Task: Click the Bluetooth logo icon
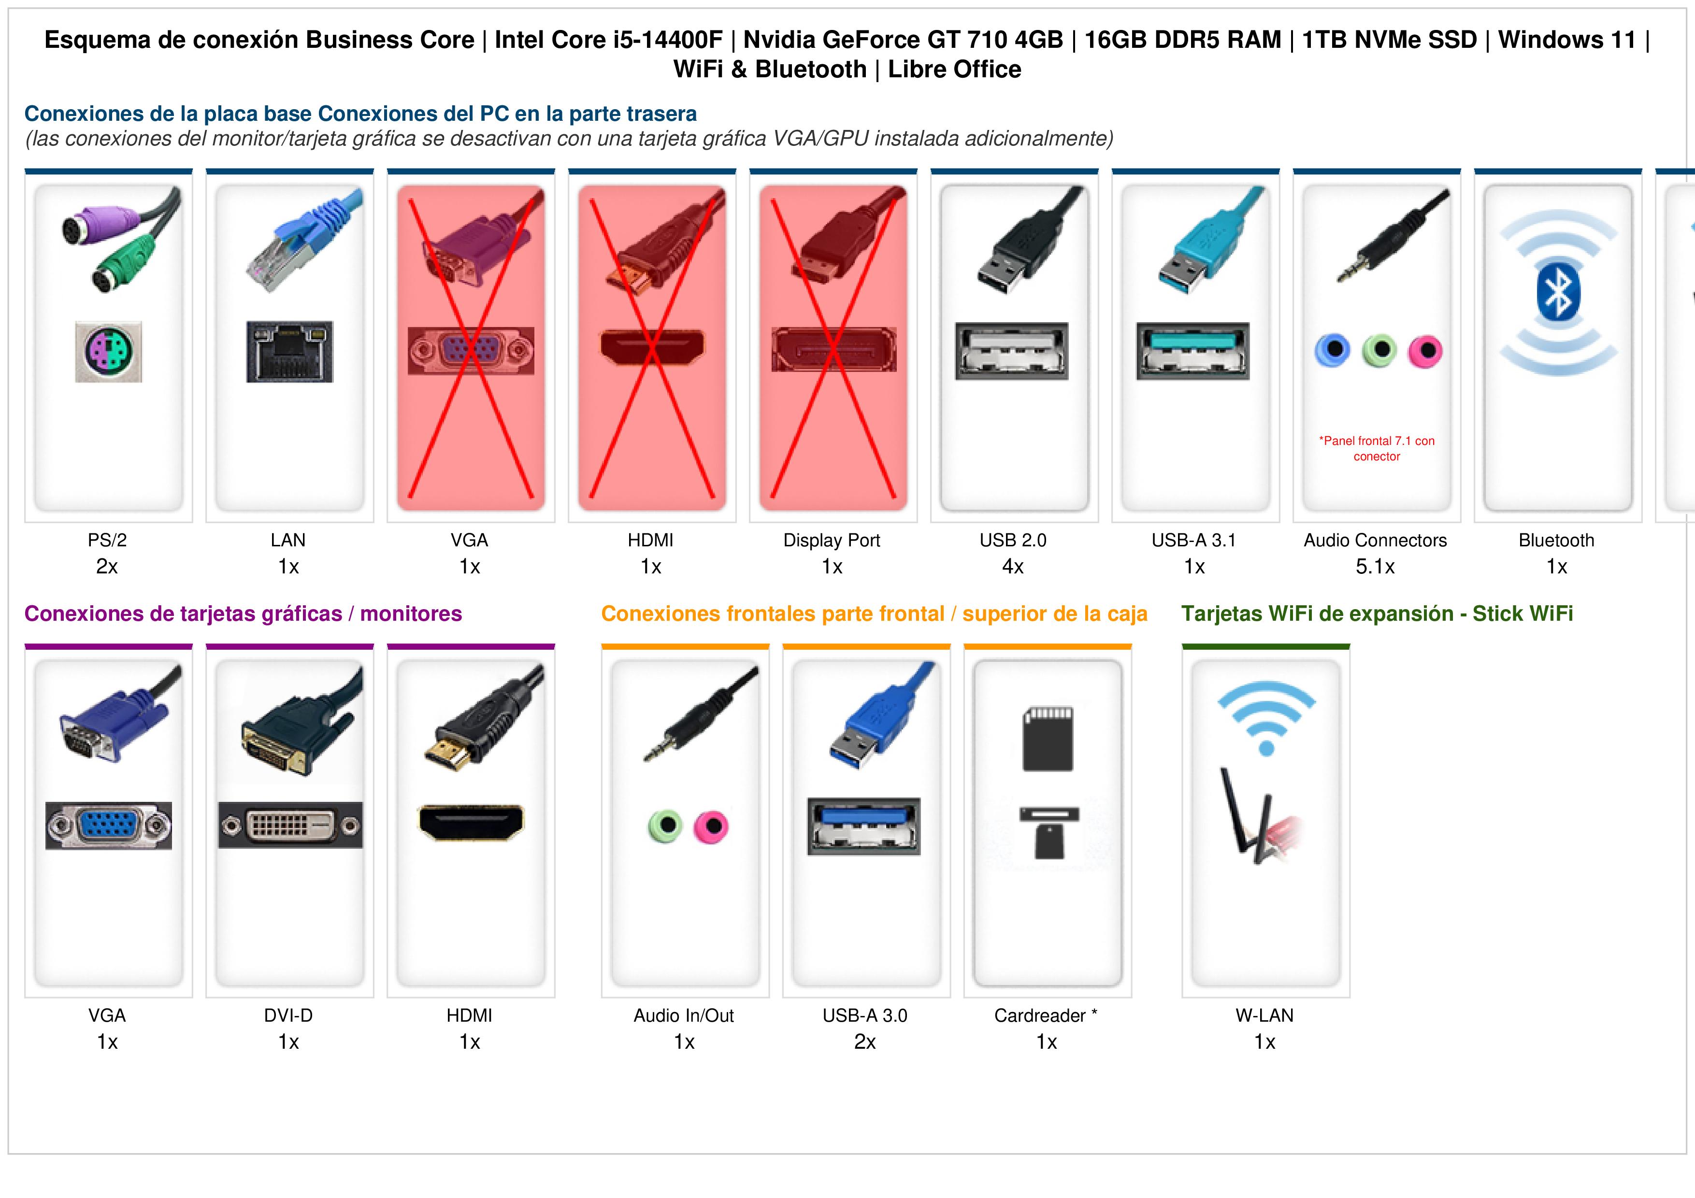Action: pos(1558,294)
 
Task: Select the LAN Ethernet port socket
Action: pos(289,351)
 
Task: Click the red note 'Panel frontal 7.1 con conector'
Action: pos(1377,448)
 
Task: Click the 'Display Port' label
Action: pos(832,541)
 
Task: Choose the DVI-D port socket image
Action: pos(290,825)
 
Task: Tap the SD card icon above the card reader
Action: pos(1048,739)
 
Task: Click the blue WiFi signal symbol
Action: pos(1266,717)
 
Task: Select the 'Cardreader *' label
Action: pos(1045,1016)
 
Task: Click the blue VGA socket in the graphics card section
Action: pos(109,825)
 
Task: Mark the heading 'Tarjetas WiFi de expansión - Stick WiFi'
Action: pos(1377,613)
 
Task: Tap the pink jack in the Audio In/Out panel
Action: pos(711,826)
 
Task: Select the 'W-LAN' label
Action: pos(1264,1016)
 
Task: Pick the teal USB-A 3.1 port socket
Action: pos(1193,351)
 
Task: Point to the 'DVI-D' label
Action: pos(288,1016)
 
